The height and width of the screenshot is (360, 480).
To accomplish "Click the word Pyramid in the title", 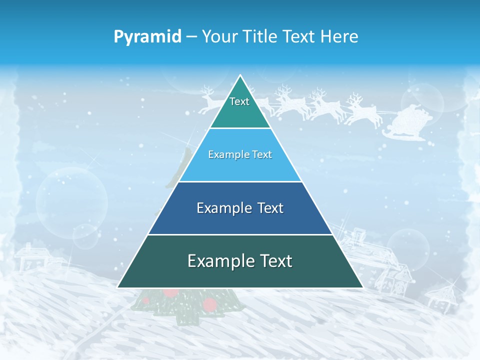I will [147, 37].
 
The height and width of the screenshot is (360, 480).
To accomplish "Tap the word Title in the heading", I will [262, 36].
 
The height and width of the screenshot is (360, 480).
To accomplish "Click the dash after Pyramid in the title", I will [191, 37].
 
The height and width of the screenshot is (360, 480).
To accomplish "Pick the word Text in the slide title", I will [300, 36].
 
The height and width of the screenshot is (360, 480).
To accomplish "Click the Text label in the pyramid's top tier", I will [239, 101].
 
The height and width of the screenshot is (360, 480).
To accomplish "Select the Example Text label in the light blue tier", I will [240, 154].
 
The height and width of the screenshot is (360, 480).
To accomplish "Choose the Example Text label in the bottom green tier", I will [240, 261].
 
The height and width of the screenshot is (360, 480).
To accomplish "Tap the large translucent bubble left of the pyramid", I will [72, 198].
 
